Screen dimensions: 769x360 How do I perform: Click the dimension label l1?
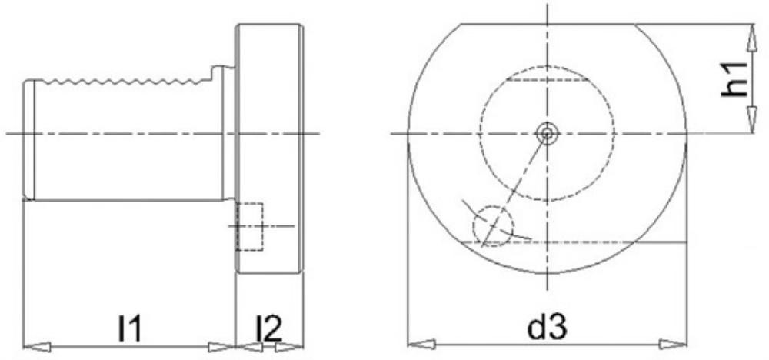(x=129, y=328)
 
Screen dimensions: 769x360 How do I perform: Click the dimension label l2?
(x=269, y=328)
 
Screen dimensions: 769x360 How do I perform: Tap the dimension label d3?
(x=547, y=327)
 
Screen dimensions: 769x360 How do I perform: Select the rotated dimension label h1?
(x=734, y=79)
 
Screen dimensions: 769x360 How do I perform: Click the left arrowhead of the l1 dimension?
(x=37, y=347)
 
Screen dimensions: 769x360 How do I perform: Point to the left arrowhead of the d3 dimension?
(x=421, y=344)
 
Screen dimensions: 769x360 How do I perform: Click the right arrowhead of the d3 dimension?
(x=673, y=344)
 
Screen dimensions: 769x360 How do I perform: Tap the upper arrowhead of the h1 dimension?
(x=751, y=37)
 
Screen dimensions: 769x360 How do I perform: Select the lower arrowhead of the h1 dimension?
(x=751, y=119)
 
